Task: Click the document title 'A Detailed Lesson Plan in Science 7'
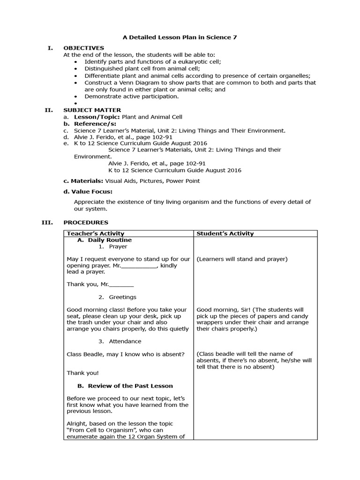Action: [180, 37]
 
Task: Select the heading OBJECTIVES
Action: [84, 48]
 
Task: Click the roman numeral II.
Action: [48, 110]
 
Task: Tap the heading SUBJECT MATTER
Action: [92, 110]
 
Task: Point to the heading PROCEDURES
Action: [86, 222]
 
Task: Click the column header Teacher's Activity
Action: [96, 233]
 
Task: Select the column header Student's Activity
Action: [225, 233]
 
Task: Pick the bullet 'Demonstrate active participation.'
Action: [131, 96]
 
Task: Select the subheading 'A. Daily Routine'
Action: [104, 240]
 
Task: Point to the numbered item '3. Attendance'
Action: [120, 341]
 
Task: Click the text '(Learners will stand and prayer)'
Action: [242, 259]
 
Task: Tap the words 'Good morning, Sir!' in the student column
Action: [223, 310]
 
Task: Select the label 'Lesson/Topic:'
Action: [94, 117]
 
